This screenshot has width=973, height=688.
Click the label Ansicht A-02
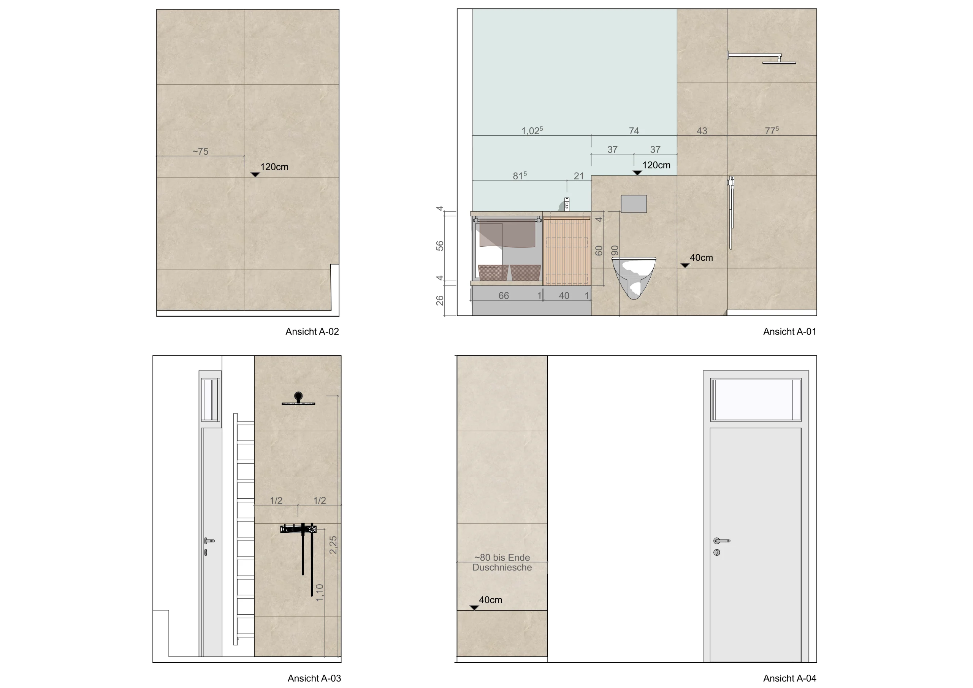point(312,331)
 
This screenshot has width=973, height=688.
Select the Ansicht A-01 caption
point(789,331)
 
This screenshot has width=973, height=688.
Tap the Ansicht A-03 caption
point(314,678)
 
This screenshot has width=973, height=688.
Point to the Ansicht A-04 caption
point(789,678)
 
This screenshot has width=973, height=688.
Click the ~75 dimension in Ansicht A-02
point(200,151)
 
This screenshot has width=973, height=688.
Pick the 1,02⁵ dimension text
point(532,130)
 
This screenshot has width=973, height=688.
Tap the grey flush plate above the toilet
point(634,204)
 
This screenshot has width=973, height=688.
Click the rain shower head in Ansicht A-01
point(779,63)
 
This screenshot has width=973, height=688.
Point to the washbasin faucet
point(567,204)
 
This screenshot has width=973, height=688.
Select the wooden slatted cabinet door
point(567,250)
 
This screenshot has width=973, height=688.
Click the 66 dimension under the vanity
point(504,295)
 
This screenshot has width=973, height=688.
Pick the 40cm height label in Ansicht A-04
point(490,600)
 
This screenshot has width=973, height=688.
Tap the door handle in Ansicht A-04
point(721,541)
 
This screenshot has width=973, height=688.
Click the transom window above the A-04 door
point(756,399)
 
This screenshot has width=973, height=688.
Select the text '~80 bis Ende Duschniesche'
point(502,563)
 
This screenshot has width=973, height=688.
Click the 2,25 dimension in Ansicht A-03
point(333,545)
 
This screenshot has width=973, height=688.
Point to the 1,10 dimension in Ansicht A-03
point(320,592)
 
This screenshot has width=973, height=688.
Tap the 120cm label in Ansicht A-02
point(274,167)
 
